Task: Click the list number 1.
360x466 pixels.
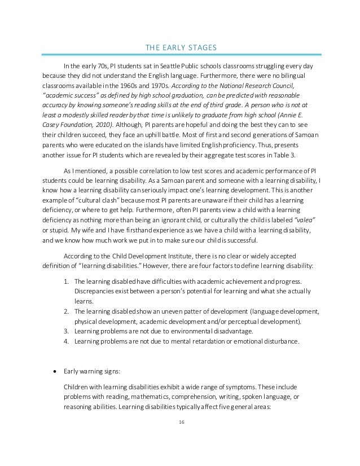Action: (65, 281)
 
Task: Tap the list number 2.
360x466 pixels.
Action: (65, 311)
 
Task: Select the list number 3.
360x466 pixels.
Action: (65, 331)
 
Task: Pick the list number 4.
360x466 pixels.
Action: (65, 341)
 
